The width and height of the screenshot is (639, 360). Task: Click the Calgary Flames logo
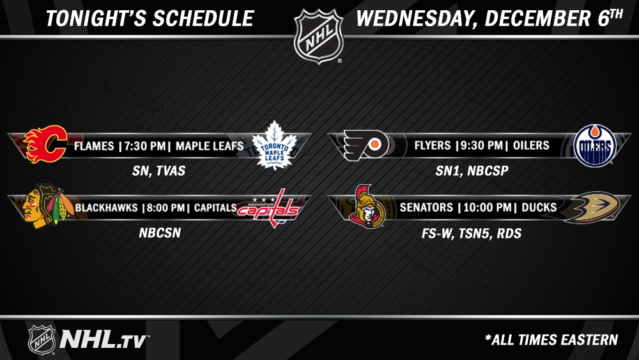[45, 144]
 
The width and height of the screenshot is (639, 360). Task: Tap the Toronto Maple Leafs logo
[274, 146]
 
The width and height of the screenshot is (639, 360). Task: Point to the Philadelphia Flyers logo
[366, 145]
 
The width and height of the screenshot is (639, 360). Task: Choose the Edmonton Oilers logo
[595, 146]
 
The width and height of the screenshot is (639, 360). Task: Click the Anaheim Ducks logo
[592, 207]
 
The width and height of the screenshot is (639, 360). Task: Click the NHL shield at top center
[319, 36]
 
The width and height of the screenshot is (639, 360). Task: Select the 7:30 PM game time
[142, 146]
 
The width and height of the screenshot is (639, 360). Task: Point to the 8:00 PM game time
[166, 208]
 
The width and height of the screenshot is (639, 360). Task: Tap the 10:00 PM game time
[487, 208]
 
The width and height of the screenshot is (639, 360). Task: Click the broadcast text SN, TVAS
[159, 171]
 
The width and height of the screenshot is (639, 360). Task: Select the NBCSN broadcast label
[160, 233]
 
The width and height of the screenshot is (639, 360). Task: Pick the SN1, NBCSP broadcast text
[472, 171]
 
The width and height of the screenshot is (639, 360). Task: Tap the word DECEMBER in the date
[538, 19]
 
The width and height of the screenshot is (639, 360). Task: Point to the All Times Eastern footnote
[551, 340]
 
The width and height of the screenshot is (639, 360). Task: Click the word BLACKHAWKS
[106, 208]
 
